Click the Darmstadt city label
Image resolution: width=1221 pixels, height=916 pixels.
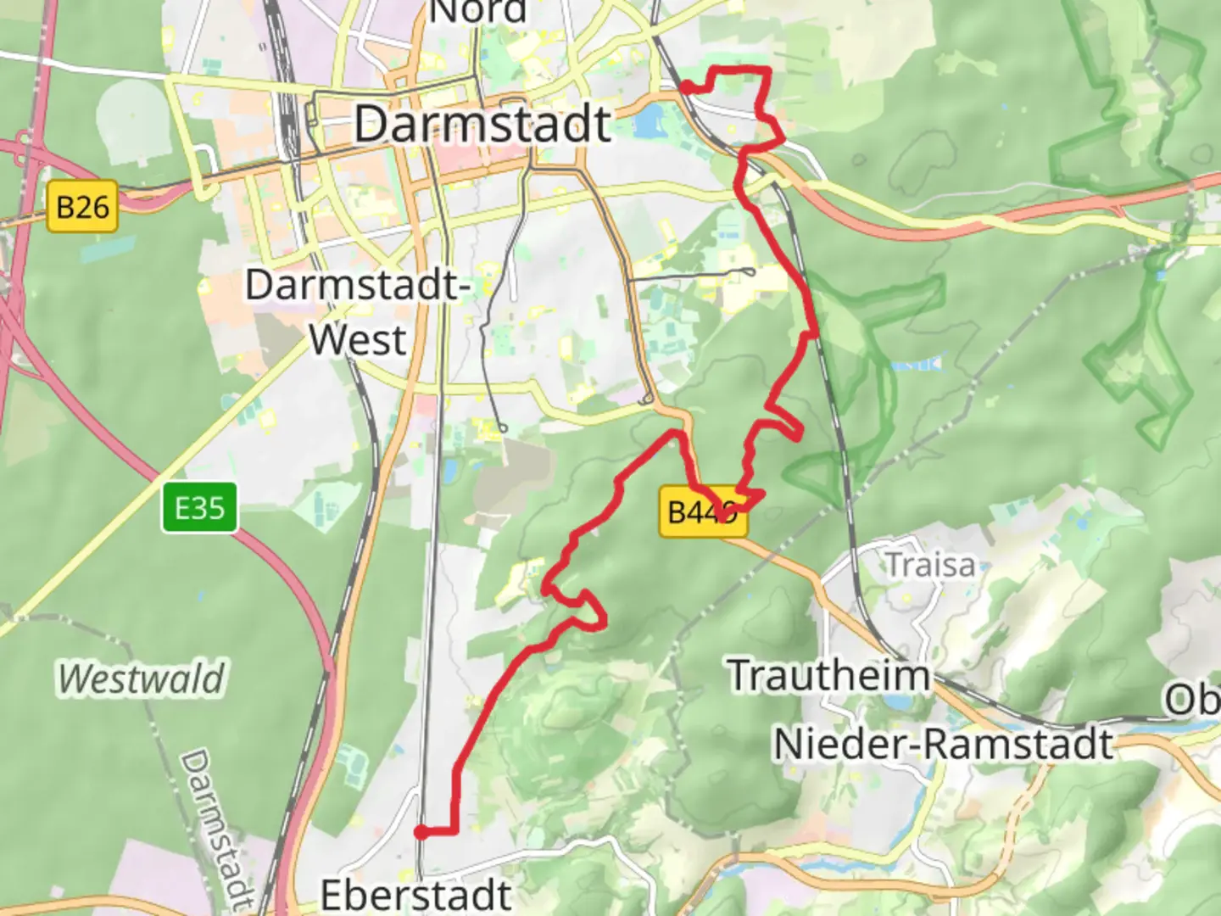[x=482, y=124]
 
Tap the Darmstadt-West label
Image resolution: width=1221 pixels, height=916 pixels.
[x=357, y=311]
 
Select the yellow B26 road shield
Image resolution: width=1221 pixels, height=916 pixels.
[x=82, y=207]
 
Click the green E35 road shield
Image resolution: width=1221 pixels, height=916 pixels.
[x=199, y=508]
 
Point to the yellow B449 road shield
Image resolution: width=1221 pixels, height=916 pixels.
[x=703, y=512]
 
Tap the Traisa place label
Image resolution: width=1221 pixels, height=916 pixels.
[x=930, y=565]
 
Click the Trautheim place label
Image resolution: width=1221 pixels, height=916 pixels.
[x=829, y=675]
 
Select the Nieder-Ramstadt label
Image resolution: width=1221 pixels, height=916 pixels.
[x=943, y=744]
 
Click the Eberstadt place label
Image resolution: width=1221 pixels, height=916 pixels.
[x=415, y=895]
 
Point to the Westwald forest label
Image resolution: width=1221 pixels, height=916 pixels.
[x=142, y=679]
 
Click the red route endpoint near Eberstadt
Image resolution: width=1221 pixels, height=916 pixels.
[x=421, y=832]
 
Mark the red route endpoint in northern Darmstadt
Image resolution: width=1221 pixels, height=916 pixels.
[x=685, y=86]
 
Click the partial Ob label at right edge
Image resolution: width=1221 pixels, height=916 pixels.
[x=1191, y=701]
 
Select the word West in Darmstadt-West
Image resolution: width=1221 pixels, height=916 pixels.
[x=357, y=340]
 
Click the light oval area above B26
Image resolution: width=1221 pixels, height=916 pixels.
[x=136, y=124]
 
